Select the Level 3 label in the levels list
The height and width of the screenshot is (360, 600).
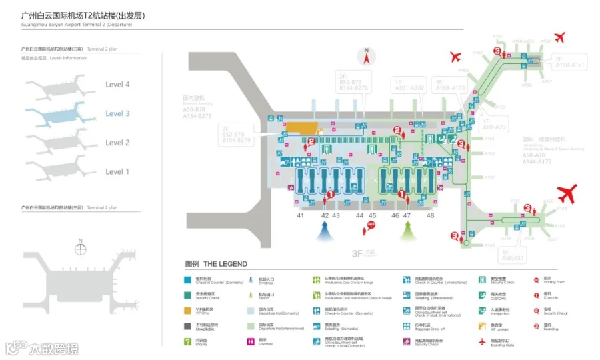tap(117, 114)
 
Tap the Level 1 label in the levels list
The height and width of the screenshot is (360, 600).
tap(117, 172)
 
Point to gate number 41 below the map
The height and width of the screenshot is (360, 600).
tap(301, 216)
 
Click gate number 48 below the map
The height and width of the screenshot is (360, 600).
tap(430, 216)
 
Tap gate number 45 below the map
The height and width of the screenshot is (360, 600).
tap(373, 216)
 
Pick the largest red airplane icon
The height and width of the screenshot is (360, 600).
tap(567, 195)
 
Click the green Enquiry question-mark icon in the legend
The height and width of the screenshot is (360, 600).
tap(188, 342)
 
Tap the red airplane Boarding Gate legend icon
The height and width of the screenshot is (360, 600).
tap(483, 342)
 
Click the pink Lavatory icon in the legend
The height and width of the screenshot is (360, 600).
tap(251, 342)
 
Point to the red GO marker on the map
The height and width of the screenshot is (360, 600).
tap(371, 225)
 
